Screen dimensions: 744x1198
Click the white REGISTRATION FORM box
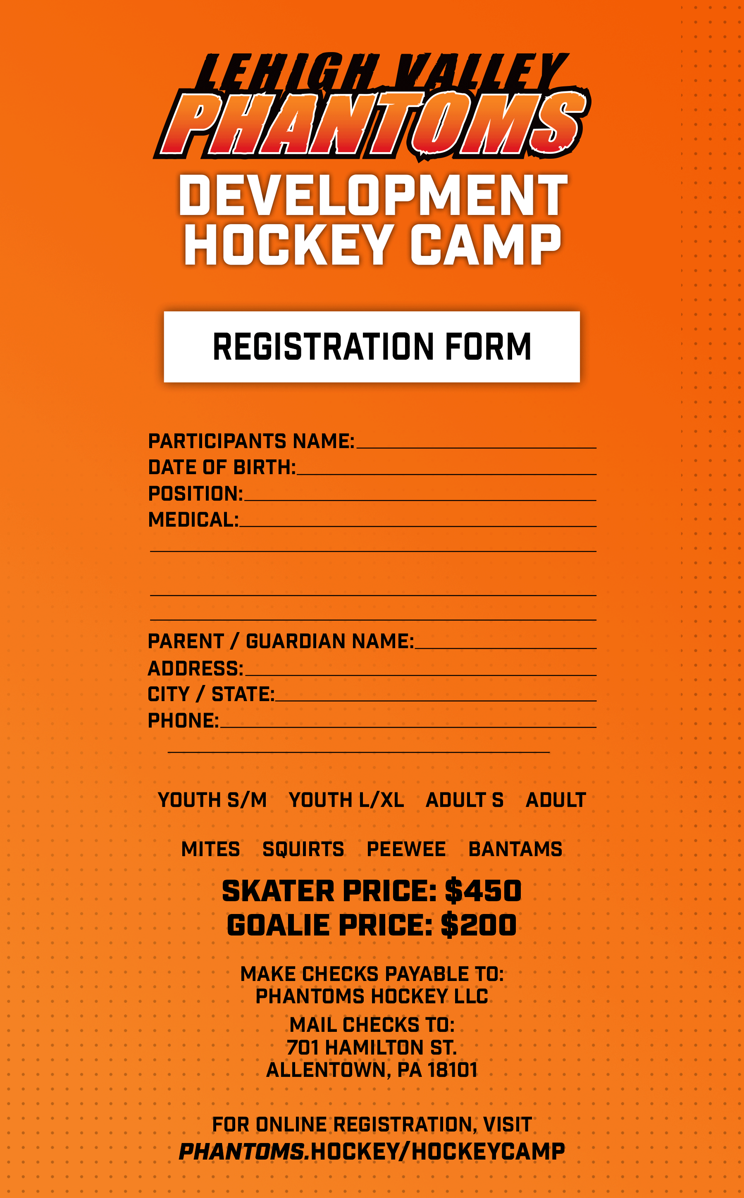click(372, 347)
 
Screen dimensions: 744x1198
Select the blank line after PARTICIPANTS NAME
click(476, 448)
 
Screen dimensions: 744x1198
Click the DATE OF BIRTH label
click(222, 468)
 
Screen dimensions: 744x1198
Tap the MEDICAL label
click(193, 520)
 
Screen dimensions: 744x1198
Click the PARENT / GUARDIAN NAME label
click(281, 641)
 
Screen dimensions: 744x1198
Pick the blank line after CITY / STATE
click(436, 701)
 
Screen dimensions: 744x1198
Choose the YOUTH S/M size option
click(212, 800)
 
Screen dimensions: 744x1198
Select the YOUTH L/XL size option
click(346, 800)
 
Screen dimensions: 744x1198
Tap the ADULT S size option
click(465, 800)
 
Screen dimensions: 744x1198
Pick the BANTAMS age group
click(515, 849)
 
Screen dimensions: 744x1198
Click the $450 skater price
click(483, 891)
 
